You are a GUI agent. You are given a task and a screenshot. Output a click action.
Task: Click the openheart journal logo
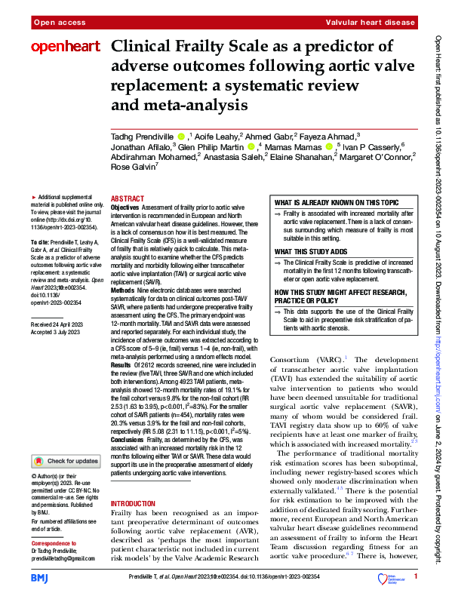[65, 47]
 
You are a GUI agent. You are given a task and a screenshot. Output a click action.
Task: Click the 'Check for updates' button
[66, 460]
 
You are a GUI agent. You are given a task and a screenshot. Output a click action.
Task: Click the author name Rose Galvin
[134, 187]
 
